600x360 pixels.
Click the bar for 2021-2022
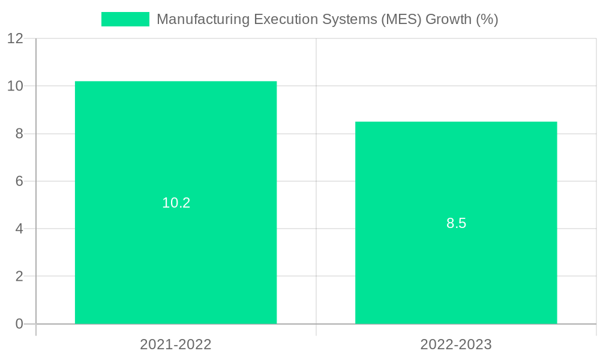tap(176, 150)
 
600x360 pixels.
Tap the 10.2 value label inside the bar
tap(176, 203)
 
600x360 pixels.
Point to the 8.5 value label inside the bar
tap(456, 223)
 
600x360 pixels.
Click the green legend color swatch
tap(125, 19)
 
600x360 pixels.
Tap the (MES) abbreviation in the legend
tap(401, 19)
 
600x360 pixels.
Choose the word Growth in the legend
tap(448, 19)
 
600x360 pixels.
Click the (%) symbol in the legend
tap(487, 19)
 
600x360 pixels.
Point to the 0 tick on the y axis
tap(19, 324)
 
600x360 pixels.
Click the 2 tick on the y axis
tap(19, 277)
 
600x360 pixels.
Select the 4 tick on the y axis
tap(19, 229)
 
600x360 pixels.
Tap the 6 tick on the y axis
tap(19, 181)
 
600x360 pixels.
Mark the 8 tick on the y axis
tap(19, 134)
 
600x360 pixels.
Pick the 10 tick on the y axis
tap(15, 86)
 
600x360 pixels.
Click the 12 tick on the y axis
tap(15, 38)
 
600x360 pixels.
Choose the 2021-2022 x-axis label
tap(176, 344)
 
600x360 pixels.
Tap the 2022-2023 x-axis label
tap(456, 344)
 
